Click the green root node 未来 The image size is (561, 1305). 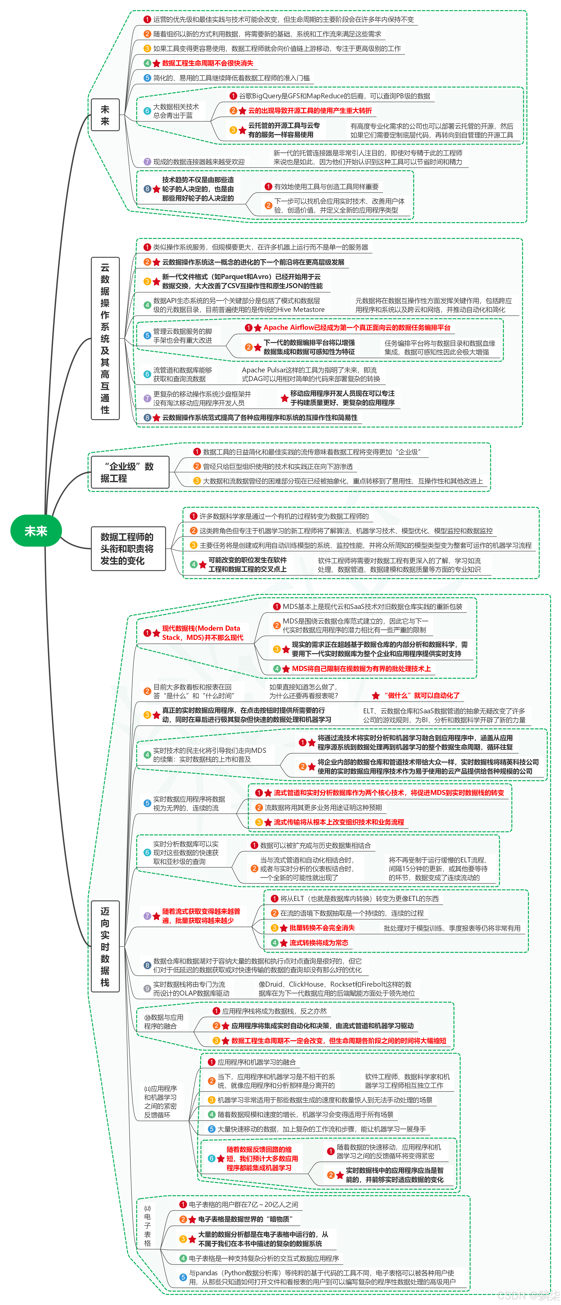click(36, 531)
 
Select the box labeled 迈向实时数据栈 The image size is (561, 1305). click(105, 946)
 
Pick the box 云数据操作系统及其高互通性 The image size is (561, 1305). click(105, 338)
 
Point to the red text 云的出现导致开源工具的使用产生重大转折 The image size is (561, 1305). click(310, 110)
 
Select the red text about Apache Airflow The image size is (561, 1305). click(356, 328)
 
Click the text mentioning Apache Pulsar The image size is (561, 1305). click(311, 374)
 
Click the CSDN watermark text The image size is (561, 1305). click(527, 1296)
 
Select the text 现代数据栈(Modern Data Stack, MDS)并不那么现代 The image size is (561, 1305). click(202, 633)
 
